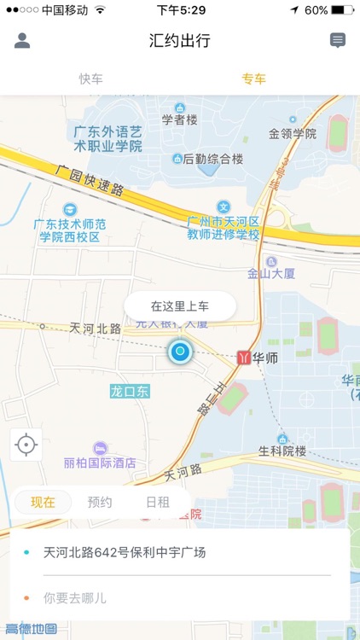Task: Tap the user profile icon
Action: coord(22,40)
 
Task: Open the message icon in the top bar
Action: coord(338,40)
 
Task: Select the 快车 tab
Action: coord(91,79)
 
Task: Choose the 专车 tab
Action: coord(253,79)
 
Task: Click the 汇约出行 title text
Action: coord(180,40)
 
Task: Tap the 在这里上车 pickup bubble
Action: coord(180,305)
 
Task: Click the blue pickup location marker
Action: coord(180,352)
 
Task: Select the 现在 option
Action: coord(43,502)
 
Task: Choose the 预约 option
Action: coord(100,502)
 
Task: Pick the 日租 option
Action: coord(157,502)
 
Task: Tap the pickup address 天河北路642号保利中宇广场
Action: coord(125,552)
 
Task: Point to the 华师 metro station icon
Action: coord(244,358)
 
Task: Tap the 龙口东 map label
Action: coord(130,391)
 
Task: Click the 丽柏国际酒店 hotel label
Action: coord(100,463)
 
